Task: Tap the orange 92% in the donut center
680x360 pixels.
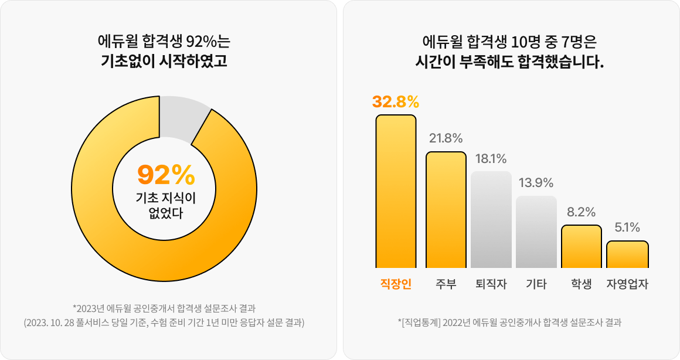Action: [x=166, y=175]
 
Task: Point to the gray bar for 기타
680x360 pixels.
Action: [x=536, y=231]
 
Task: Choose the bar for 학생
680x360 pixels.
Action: [x=582, y=246]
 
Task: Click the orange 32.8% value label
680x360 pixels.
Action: [x=396, y=101]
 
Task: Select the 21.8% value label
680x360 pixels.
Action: [x=446, y=138]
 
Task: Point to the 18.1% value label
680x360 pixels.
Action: [x=491, y=158]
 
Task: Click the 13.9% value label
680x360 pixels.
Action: [x=536, y=183]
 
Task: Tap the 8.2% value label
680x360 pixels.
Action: [x=581, y=212]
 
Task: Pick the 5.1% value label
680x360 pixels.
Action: [x=627, y=227]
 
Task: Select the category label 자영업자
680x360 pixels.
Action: [x=627, y=284]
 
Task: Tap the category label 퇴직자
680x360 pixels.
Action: [x=491, y=284]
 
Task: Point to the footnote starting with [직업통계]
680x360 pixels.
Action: [x=509, y=322]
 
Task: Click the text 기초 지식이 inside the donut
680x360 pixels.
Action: [x=165, y=198]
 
